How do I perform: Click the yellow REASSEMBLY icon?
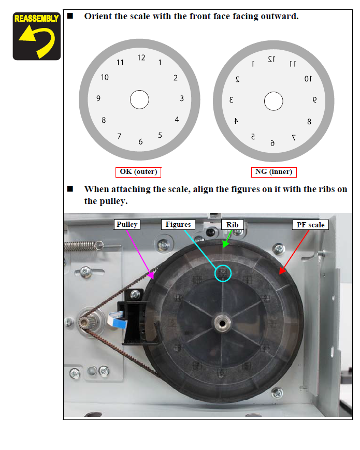click(36, 36)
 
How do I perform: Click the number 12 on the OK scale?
click(141, 57)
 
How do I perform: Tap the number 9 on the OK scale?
click(98, 98)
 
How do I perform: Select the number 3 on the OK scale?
click(182, 98)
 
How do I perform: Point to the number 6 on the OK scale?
click(140, 141)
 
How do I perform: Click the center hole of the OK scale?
click(139, 99)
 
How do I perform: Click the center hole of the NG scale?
click(273, 101)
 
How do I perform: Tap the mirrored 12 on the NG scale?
click(271, 59)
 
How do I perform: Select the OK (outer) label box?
click(138, 172)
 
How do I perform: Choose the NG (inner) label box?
click(273, 172)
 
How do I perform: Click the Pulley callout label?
click(127, 224)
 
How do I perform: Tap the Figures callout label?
click(178, 224)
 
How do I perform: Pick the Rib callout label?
click(232, 225)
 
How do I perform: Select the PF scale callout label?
click(311, 225)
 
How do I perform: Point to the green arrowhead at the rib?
click(225, 244)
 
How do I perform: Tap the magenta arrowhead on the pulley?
click(151, 275)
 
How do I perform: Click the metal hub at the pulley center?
click(222, 324)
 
